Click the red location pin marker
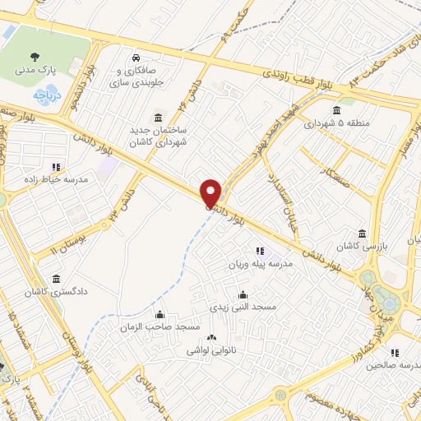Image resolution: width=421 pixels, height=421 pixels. point(211,192)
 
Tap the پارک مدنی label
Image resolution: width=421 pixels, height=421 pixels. point(34,71)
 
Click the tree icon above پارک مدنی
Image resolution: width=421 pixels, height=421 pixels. point(34,56)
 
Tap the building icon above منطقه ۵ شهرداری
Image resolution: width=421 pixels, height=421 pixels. point(336,111)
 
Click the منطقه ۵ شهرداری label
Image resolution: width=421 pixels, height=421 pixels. point(336,125)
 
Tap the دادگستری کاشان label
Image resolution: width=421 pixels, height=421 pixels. point(55,292)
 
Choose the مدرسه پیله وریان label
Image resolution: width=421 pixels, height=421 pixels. point(259,265)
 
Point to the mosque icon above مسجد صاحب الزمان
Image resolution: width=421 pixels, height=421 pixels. point(160,313)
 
